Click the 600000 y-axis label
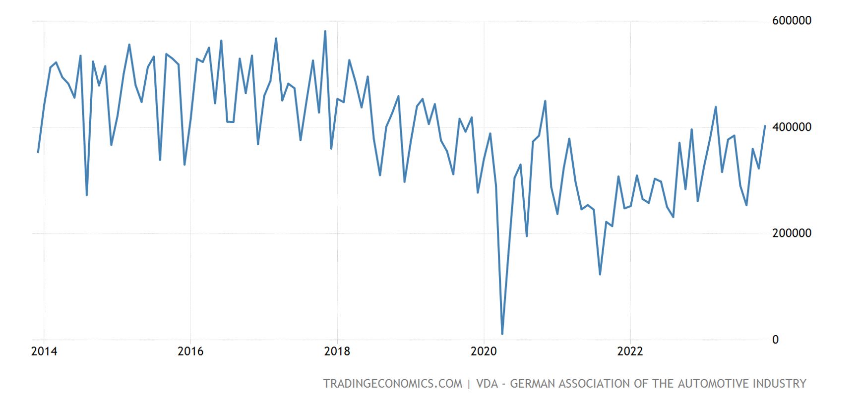pos(792,21)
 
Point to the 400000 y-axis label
pos(792,127)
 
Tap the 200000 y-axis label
pos(792,233)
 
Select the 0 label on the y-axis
pos(776,340)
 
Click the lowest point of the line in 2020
pos(502,334)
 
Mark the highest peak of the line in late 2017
pos(325,31)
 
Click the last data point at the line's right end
pos(765,126)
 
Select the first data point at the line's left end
pos(38,152)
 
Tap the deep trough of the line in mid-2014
pos(87,195)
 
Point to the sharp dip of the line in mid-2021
pos(600,274)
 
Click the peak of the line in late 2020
pos(545,101)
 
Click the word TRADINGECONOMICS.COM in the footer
pos(392,384)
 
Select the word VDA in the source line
pos(487,384)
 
